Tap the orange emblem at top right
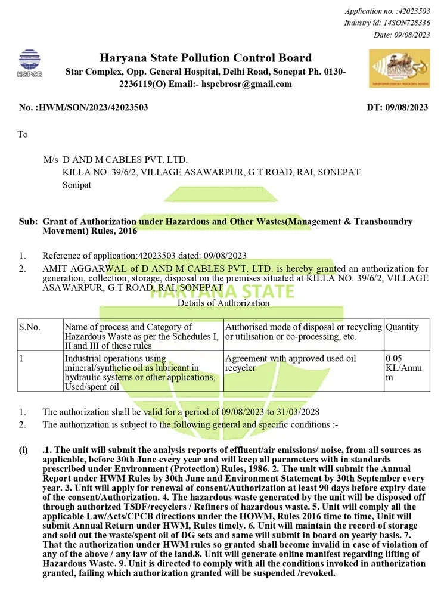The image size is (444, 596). point(399,69)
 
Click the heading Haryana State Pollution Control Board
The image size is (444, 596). point(206,58)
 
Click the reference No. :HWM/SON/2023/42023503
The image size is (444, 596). point(83,108)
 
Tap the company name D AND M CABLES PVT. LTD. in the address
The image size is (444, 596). point(125,160)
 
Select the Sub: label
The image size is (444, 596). point(28,221)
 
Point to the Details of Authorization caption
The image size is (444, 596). point(223,303)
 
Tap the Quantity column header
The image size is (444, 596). point(402,327)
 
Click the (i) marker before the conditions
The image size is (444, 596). point(23,450)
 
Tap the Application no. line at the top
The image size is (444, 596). point(387,11)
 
